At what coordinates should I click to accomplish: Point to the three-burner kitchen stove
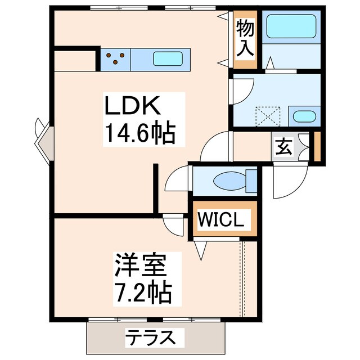click(116, 57)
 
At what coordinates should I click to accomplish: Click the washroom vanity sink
click(304, 116)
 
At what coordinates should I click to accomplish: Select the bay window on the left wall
click(43, 138)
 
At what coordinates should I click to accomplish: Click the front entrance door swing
click(287, 180)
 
